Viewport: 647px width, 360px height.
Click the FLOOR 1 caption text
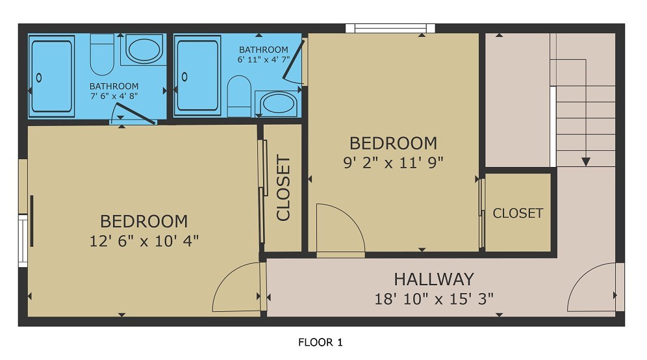pyautogui.click(x=320, y=342)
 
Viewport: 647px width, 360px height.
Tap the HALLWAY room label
pyautogui.click(x=434, y=279)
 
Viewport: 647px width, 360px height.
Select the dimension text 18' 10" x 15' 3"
pyautogui.click(x=434, y=299)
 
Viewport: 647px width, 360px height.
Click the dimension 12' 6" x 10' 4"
pyautogui.click(x=144, y=240)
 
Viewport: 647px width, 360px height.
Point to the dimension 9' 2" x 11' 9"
pyautogui.click(x=393, y=162)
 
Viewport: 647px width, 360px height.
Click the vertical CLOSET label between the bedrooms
pyautogui.click(x=283, y=188)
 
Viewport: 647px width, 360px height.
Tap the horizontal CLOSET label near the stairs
pyautogui.click(x=518, y=213)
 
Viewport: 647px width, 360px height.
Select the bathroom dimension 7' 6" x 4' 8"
pyautogui.click(x=114, y=96)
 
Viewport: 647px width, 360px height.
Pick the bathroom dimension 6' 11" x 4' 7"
pyautogui.click(x=263, y=60)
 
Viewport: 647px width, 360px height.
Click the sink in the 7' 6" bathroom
pyautogui.click(x=144, y=49)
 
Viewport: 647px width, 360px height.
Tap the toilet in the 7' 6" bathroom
pyautogui.click(x=101, y=55)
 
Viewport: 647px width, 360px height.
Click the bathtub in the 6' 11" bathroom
pyautogui.click(x=198, y=76)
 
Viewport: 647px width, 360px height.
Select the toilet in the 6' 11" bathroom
pyautogui.click(x=239, y=93)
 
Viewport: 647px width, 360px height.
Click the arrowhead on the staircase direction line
pyautogui.click(x=586, y=161)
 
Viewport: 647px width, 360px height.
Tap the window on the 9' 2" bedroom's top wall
pyautogui.click(x=390, y=28)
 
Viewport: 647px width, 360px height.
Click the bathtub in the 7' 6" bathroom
pyautogui.click(x=52, y=76)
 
